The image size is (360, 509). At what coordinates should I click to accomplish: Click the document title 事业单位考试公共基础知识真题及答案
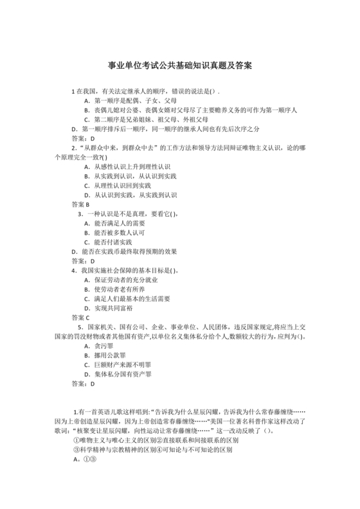tap(179, 66)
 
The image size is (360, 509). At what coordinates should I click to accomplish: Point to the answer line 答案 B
tap(80, 204)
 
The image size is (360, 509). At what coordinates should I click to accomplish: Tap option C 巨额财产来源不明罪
tap(116, 364)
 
